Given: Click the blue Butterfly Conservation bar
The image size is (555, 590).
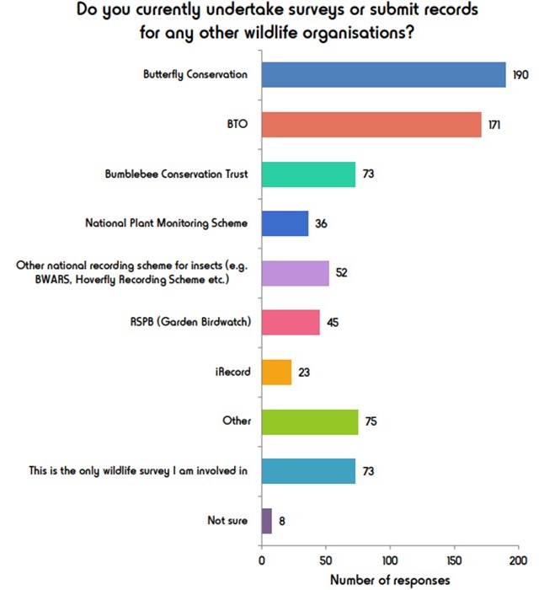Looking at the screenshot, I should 383,74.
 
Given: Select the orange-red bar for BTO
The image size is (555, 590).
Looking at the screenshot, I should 371,124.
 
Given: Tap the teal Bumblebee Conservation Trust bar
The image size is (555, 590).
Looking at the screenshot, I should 308,174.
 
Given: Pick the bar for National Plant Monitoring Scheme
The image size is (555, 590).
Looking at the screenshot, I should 285,223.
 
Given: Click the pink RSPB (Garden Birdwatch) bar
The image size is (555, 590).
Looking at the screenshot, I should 291,322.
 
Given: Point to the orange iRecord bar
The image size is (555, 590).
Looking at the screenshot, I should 276,372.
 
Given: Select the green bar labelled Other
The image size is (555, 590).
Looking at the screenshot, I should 309,421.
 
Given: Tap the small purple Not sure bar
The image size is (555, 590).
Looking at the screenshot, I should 266,520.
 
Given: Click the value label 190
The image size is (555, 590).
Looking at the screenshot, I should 521,75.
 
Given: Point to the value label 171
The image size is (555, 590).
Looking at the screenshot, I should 496,125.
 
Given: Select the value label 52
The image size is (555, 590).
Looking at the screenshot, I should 342,273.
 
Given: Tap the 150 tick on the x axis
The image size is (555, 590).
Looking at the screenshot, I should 454,560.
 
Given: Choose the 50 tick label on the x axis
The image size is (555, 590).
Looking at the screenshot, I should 326,560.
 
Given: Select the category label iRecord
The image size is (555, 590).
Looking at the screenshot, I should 232,372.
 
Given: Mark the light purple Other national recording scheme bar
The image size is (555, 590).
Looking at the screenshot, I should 295,273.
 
